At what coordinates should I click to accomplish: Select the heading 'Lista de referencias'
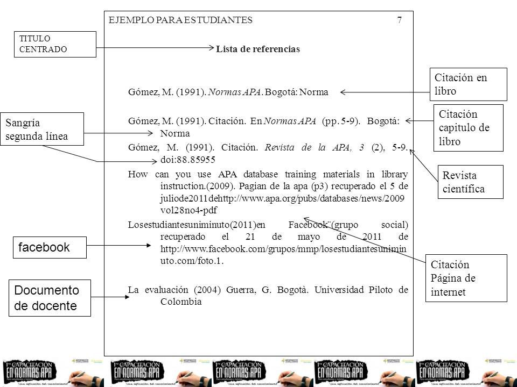click(258, 49)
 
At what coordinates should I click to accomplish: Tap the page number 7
click(399, 20)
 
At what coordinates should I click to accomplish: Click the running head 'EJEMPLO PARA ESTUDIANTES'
click(180, 20)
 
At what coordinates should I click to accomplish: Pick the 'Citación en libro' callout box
click(468, 84)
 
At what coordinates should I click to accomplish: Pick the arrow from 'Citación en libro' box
click(385, 92)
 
